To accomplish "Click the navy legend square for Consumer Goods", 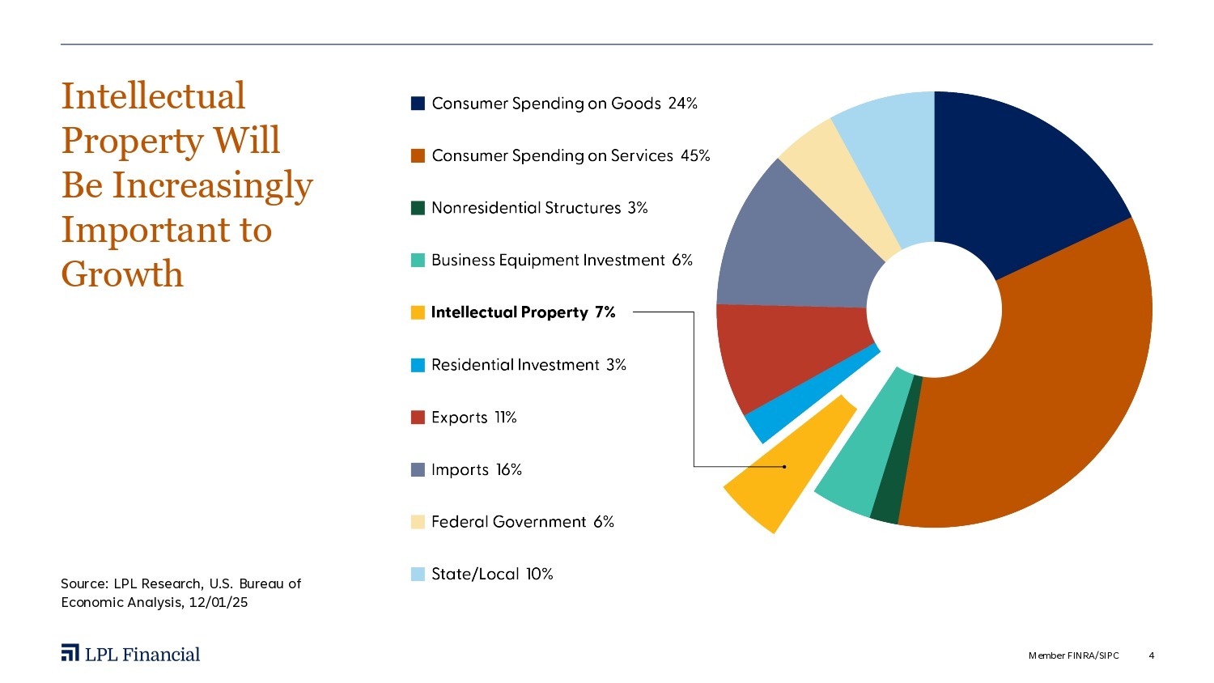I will pyautogui.click(x=418, y=104).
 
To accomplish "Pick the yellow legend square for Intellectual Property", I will pyautogui.click(x=418, y=312).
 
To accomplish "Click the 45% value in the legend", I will pyautogui.click(x=695, y=155).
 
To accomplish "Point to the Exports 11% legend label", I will pyautogui.click(x=473, y=418).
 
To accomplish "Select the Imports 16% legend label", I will pyautogui.click(x=476, y=469).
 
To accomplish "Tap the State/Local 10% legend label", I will pyautogui.click(x=492, y=574).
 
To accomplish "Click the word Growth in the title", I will pyautogui.click(x=122, y=274).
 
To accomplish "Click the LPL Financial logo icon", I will pyautogui.click(x=70, y=653).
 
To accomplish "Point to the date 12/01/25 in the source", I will pyautogui.click(x=219, y=602).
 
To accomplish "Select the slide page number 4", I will pyautogui.click(x=1151, y=655).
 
